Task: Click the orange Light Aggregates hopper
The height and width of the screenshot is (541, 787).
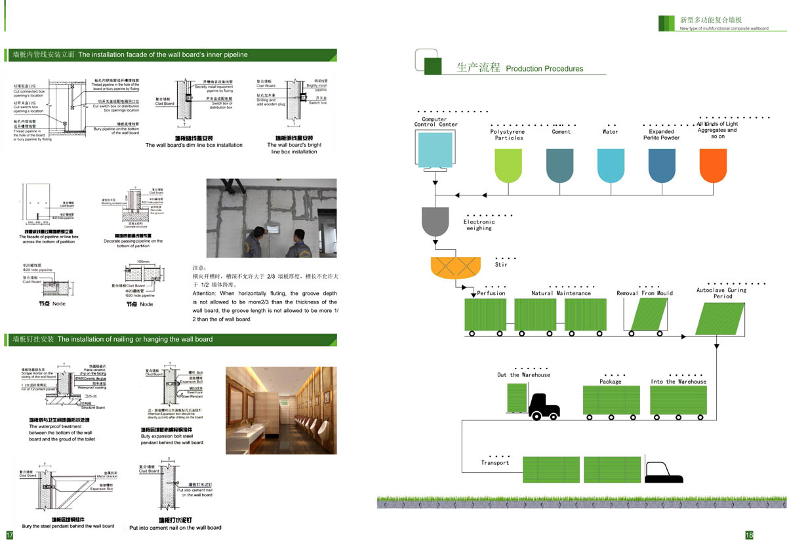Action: [713, 166]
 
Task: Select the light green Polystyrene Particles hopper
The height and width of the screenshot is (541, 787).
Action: [508, 166]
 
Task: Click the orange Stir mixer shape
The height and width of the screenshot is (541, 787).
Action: [452, 271]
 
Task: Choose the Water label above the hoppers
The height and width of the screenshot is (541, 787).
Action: [610, 132]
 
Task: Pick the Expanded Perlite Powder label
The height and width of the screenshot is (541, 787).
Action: [661, 134]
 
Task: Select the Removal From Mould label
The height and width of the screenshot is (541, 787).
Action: [645, 293]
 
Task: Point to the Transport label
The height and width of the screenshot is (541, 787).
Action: [494, 463]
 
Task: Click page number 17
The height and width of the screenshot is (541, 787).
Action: [9, 534]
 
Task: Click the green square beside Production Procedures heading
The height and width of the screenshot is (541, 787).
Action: [433, 66]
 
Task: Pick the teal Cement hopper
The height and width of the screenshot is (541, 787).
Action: [559, 166]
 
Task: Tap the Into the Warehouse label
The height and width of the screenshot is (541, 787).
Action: [679, 382]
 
